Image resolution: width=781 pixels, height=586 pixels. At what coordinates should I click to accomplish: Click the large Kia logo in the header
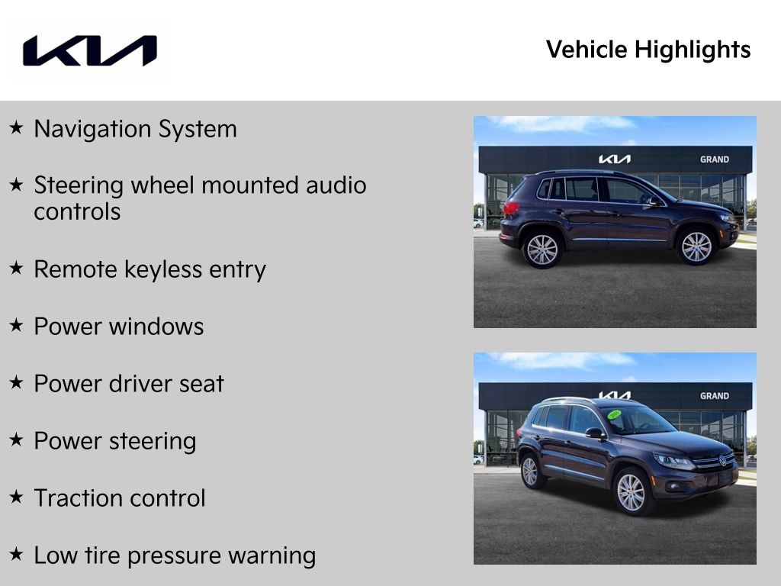click(x=89, y=50)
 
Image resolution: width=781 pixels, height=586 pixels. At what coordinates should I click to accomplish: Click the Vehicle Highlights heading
click(x=648, y=50)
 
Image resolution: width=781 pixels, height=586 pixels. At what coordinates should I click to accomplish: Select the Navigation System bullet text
click(x=135, y=129)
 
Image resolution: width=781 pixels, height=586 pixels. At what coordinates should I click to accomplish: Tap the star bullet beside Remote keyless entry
click(x=16, y=269)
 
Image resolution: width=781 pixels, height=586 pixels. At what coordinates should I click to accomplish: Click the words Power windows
click(x=118, y=327)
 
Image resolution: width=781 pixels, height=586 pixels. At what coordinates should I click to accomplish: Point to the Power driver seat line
click(x=128, y=384)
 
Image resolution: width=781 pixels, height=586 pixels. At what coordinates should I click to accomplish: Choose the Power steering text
click(x=114, y=441)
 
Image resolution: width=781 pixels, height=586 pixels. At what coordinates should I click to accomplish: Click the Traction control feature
click(x=119, y=498)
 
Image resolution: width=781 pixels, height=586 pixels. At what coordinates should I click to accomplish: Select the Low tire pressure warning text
click(x=174, y=555)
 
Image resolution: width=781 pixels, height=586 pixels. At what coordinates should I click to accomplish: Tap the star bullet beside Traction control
click(x=16, y=497)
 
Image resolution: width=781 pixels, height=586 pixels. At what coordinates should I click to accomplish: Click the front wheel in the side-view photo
click(x=696, y=246)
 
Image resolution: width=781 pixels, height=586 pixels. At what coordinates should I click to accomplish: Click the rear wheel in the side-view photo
click(x=542, y=250)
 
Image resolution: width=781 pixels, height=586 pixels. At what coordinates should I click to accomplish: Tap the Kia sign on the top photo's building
click(x=614, y=159)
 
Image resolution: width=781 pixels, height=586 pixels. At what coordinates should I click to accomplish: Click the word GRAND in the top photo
click(x=714, y=159)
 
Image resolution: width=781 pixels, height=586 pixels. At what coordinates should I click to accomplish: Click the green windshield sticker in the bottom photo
click(x=614, y=414)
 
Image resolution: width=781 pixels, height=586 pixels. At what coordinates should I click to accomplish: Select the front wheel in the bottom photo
click(x=632, y=492)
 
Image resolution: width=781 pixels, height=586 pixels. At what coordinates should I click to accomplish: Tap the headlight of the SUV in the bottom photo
click(x=673, y=461)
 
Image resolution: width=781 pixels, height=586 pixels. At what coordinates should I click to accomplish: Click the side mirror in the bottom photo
click(x=593, y=433)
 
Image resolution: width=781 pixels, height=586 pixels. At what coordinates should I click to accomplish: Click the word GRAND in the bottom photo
click(x=714, y=396)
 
